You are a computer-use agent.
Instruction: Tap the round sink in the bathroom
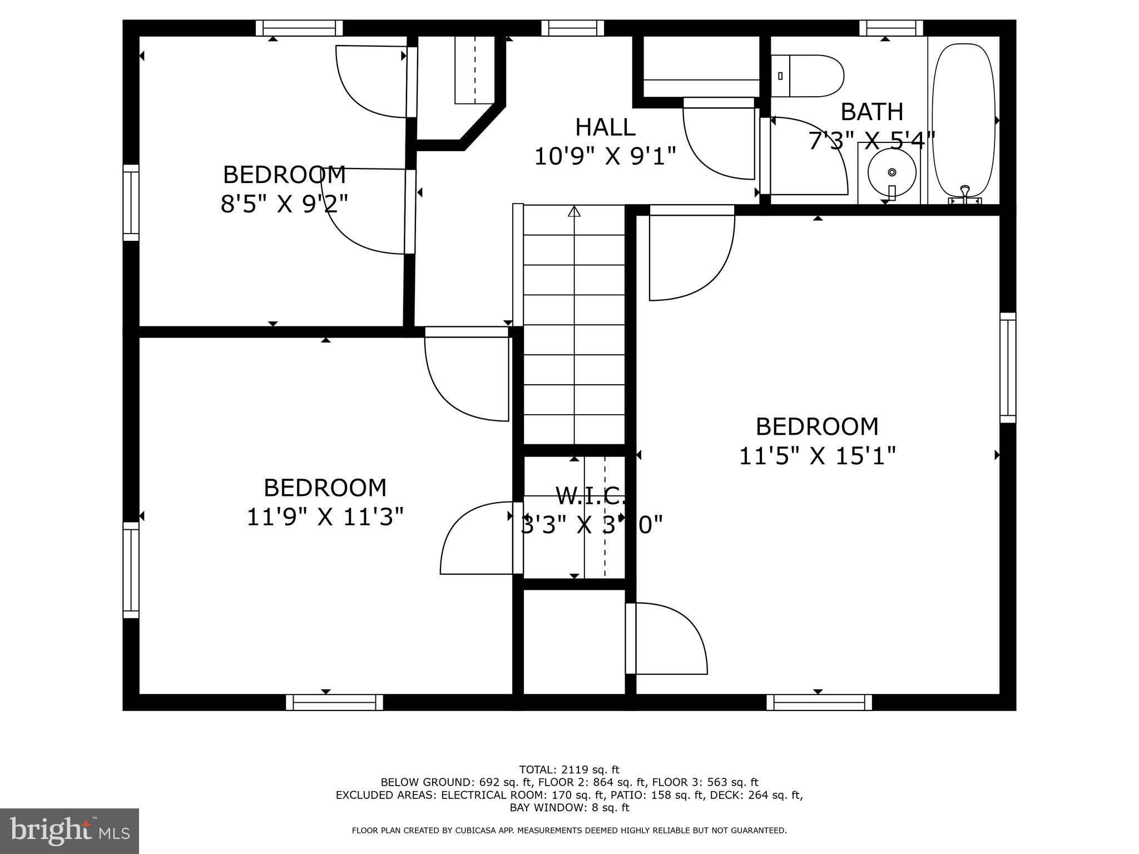click(892, 172)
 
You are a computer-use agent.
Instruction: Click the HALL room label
click(605, 127)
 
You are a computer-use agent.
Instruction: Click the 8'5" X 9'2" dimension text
click(284, 204)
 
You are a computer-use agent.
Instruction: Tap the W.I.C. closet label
click(590, 494)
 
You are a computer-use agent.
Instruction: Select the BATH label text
click(871, 112)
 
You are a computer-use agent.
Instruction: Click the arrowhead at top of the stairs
click(574, 211)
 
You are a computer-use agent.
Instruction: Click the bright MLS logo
click(70, 831)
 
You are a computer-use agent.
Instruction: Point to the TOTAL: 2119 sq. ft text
click(569, 769)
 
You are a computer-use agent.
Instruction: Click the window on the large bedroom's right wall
click(1008, 368)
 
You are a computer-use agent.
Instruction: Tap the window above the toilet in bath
click(891, 28)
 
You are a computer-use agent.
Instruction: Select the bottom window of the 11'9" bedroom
click(334, 702)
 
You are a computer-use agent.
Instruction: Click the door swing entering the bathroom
click(806, 156)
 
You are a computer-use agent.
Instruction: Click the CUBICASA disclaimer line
click(569, 831)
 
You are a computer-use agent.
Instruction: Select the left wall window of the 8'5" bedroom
click(131, 203)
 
